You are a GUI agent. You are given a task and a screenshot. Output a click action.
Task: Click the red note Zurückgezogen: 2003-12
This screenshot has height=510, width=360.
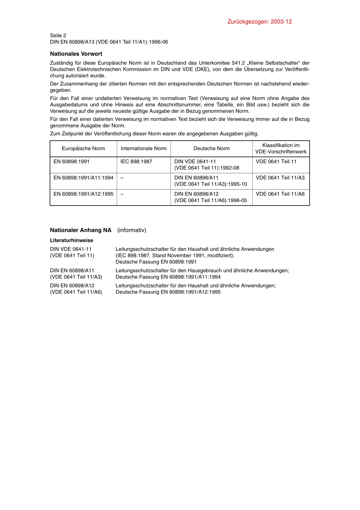tap(260, 22)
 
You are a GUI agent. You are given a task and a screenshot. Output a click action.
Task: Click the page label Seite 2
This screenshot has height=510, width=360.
tap(58, 36)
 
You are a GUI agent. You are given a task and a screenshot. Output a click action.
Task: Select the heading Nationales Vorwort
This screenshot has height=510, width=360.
tap(76, 54)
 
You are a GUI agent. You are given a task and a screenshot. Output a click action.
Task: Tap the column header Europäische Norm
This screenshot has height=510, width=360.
tap(83, 149)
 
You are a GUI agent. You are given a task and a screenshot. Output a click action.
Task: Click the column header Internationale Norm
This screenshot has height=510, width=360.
tap(144, 149)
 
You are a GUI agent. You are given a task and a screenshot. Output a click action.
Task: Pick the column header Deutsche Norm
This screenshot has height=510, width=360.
tap(211, 149)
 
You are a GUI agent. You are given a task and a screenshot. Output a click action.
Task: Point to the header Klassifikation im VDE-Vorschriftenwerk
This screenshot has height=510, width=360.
tap(281, 148)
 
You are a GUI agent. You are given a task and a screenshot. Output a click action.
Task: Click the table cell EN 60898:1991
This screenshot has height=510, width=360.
tap(72, 162)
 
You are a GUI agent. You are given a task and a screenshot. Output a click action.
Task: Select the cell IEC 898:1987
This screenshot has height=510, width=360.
tap(136, 162)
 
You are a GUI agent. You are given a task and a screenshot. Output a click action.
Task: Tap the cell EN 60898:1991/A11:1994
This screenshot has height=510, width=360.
tap(83, 178)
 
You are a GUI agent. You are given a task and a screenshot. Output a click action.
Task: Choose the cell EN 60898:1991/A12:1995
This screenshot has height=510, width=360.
tap(83, 194)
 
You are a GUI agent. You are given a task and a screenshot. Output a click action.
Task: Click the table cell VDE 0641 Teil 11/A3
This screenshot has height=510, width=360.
tap(280, 178)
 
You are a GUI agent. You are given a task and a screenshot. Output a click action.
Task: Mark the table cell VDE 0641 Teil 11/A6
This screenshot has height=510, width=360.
tap(280, 194)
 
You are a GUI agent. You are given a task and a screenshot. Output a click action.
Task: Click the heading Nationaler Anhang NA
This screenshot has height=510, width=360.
tap(81, 230)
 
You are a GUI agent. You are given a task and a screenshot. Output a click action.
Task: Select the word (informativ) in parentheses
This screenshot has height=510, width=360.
tap(131, 230)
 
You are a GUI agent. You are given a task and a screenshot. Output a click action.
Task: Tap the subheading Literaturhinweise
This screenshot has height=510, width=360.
tap(72, 240)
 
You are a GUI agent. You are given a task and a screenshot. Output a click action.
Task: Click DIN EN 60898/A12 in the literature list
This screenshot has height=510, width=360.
tap(72, 286)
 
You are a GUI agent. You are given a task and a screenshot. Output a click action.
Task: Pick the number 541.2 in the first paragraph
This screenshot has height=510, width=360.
tap(238, 63)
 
